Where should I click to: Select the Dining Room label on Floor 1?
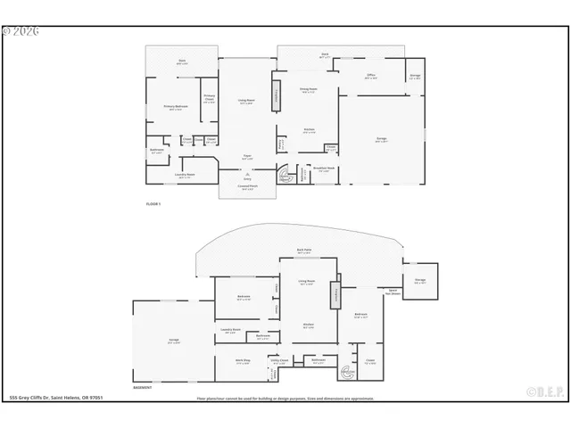click(x=308, y=90)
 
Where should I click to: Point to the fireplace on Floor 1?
click(x=276, y=98)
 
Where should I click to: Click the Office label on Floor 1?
click(x=371, y=77)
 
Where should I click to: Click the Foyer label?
click(x=247, y=157)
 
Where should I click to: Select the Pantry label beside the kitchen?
click(x=281, y=143)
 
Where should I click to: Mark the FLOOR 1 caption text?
click(x=153, y=204)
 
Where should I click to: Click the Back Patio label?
click(x=304, y=251)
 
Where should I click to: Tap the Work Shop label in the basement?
click(x=242, y=361)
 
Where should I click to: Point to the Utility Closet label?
click(x=279, y=362)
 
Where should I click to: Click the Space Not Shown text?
click(x=391, y=292)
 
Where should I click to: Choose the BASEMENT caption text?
click(x=143, y=387)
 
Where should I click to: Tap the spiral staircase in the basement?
click(x=345, y=368)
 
